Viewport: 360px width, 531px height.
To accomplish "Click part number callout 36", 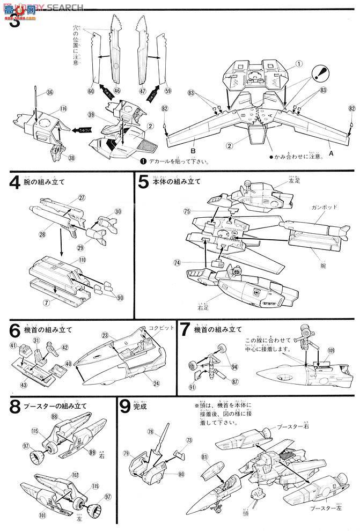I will [x=49, y=92].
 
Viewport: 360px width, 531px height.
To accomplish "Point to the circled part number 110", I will [x=67, y=259].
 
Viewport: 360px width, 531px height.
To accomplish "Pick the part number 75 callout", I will [x=187, y=212].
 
